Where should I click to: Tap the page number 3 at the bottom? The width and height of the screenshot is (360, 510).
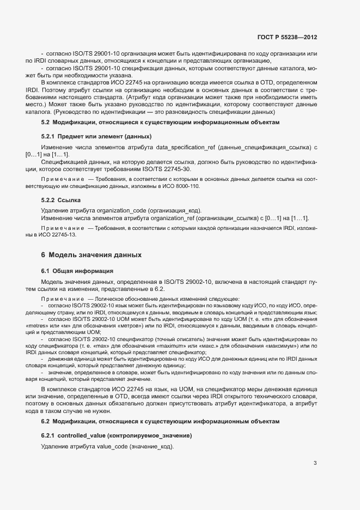pyautogui.click(x=315, y=464)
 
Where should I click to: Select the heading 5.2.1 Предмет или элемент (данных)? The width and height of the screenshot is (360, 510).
pyautogui.click(x=96, y=136)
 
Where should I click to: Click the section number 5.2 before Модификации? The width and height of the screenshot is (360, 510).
pyautogui.click(x=46, y=122)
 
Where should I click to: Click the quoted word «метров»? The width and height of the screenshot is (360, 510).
pyautogui.click(x=124, y=326)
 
